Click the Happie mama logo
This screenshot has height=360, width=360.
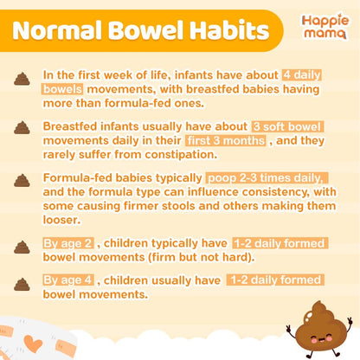click(x=325, y=27)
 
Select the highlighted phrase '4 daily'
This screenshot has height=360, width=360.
click(x=302, y=75)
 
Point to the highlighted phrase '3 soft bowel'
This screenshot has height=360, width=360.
click(x=287, y=126)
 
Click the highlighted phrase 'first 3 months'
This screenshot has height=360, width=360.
click(x=226, y=140)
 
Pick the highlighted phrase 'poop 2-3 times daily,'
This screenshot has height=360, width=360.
click(x=267, y=178)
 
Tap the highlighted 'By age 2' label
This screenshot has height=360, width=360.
click(x=68, y=243)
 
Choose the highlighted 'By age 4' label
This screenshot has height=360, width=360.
click(x=68, y=280)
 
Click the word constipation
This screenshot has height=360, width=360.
click(x=181, y=155)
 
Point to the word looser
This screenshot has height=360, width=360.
click(x=61, y=220)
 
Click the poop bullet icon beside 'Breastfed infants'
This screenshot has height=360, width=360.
click(x=22, y=127)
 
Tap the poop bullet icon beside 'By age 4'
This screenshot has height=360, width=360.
click(x=22, y=284)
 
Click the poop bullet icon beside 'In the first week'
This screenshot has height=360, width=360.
click(x=22, y=79)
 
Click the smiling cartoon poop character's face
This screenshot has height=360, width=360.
click(x=319, y=336)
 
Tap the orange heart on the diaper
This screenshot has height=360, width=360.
click(x=33, y=344)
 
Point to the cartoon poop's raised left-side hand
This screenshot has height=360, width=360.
click(x=289, y=328)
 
